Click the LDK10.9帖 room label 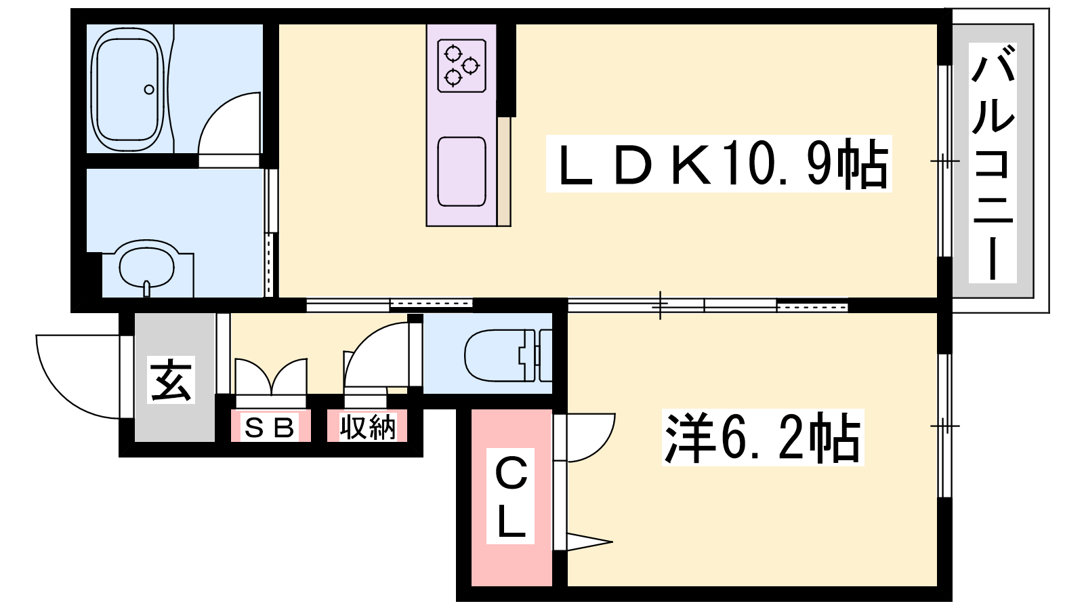719,163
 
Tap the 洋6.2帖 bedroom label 763,438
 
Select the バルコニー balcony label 993,163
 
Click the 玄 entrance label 171,380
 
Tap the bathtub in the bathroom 127,90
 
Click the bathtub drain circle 149,89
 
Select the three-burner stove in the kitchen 461,66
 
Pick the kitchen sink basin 461,172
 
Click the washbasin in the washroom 146,268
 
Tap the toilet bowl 501,356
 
